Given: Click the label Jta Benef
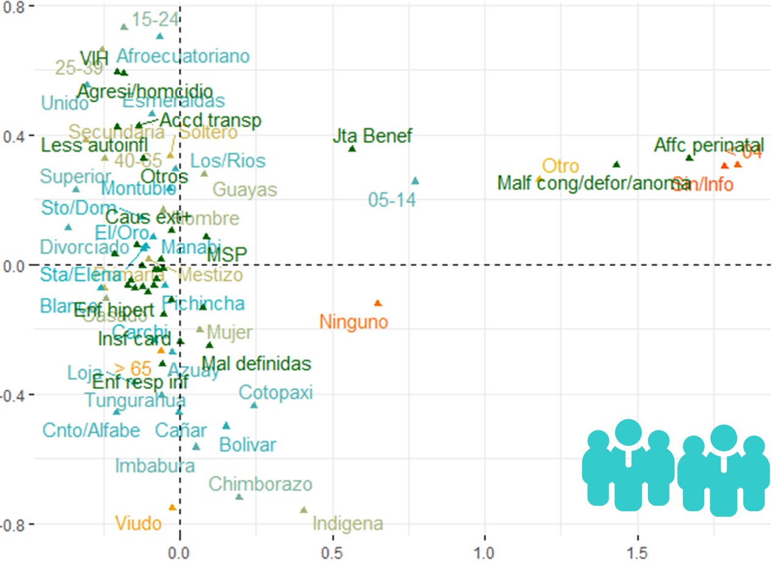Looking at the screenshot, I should coord(372,136).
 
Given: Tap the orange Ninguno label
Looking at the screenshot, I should coord(353,321).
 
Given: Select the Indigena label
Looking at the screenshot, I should coord(347,523).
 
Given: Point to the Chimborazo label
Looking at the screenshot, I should coord(260,484).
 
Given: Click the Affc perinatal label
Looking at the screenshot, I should coord(708,146).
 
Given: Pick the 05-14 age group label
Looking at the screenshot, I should coord(392,199).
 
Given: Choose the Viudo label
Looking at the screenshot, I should coord(138,523).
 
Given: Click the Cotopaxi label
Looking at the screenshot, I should coord(275,392).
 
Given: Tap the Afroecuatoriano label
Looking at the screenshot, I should coord(183,56).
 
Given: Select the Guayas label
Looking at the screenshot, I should coord(245,190).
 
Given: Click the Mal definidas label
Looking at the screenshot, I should coord(256,364).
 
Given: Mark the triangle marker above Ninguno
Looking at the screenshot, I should coord(378,303).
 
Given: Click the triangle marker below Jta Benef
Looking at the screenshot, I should coord(352,149).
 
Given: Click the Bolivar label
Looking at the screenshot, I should coord(247,445).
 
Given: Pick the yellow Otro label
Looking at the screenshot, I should coord(560,166).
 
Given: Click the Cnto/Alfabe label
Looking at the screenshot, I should coord(91,431).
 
